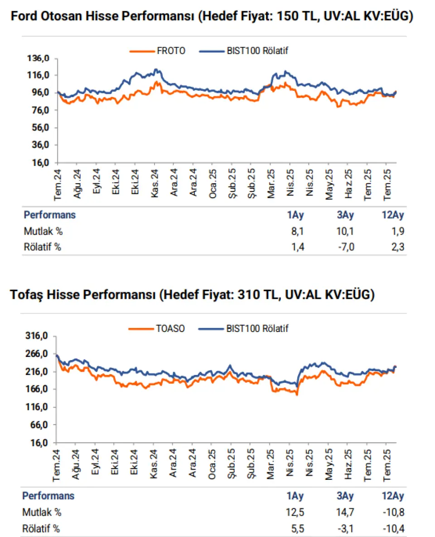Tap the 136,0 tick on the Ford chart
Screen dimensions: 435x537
39,58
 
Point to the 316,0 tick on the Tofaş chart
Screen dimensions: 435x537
37,336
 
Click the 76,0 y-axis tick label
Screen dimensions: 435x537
40,110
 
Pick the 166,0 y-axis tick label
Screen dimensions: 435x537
37,389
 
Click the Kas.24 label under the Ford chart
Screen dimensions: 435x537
155,183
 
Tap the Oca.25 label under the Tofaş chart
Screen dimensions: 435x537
212,464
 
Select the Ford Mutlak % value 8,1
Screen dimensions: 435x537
297,231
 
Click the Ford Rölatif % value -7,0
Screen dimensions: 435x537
346,247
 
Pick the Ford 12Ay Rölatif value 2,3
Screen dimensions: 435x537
398,247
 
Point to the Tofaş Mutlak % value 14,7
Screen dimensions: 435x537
345,513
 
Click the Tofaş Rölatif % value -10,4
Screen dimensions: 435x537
394,528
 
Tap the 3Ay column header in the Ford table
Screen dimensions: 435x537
345,215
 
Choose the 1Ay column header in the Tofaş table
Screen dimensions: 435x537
295,496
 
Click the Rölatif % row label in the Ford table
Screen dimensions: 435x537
43,247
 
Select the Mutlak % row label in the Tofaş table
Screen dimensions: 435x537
42,513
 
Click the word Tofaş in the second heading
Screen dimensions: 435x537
26,295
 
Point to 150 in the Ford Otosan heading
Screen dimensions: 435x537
287,16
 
